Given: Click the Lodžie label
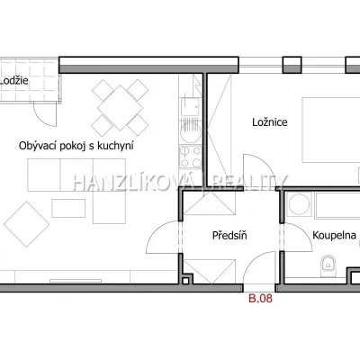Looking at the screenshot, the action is (x=14, y=80).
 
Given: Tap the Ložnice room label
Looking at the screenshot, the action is (x=270, y=122).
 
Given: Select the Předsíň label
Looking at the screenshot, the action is (x=229, y=235).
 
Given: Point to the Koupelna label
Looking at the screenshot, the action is (x=334, y=235).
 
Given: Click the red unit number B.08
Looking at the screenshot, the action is (x=260, y=298).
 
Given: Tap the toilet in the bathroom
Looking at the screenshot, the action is (x=328, y=265).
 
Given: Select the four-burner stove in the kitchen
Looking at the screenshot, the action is (x=191, y=157).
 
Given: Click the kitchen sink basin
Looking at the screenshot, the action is (x=190, y=107).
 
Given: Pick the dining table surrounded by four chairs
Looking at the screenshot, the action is (x=120, y=108).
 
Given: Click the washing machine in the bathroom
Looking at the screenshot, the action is (x=299, y=204).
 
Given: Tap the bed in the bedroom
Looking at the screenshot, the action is (x=331, y=130).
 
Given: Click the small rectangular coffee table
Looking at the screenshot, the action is (x=68, y=208).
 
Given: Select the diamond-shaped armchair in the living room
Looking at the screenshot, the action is (x=26, y=224).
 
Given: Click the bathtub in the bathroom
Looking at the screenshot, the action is (x=337, y=205).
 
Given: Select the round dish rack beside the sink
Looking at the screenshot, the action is (x=190, y=132).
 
